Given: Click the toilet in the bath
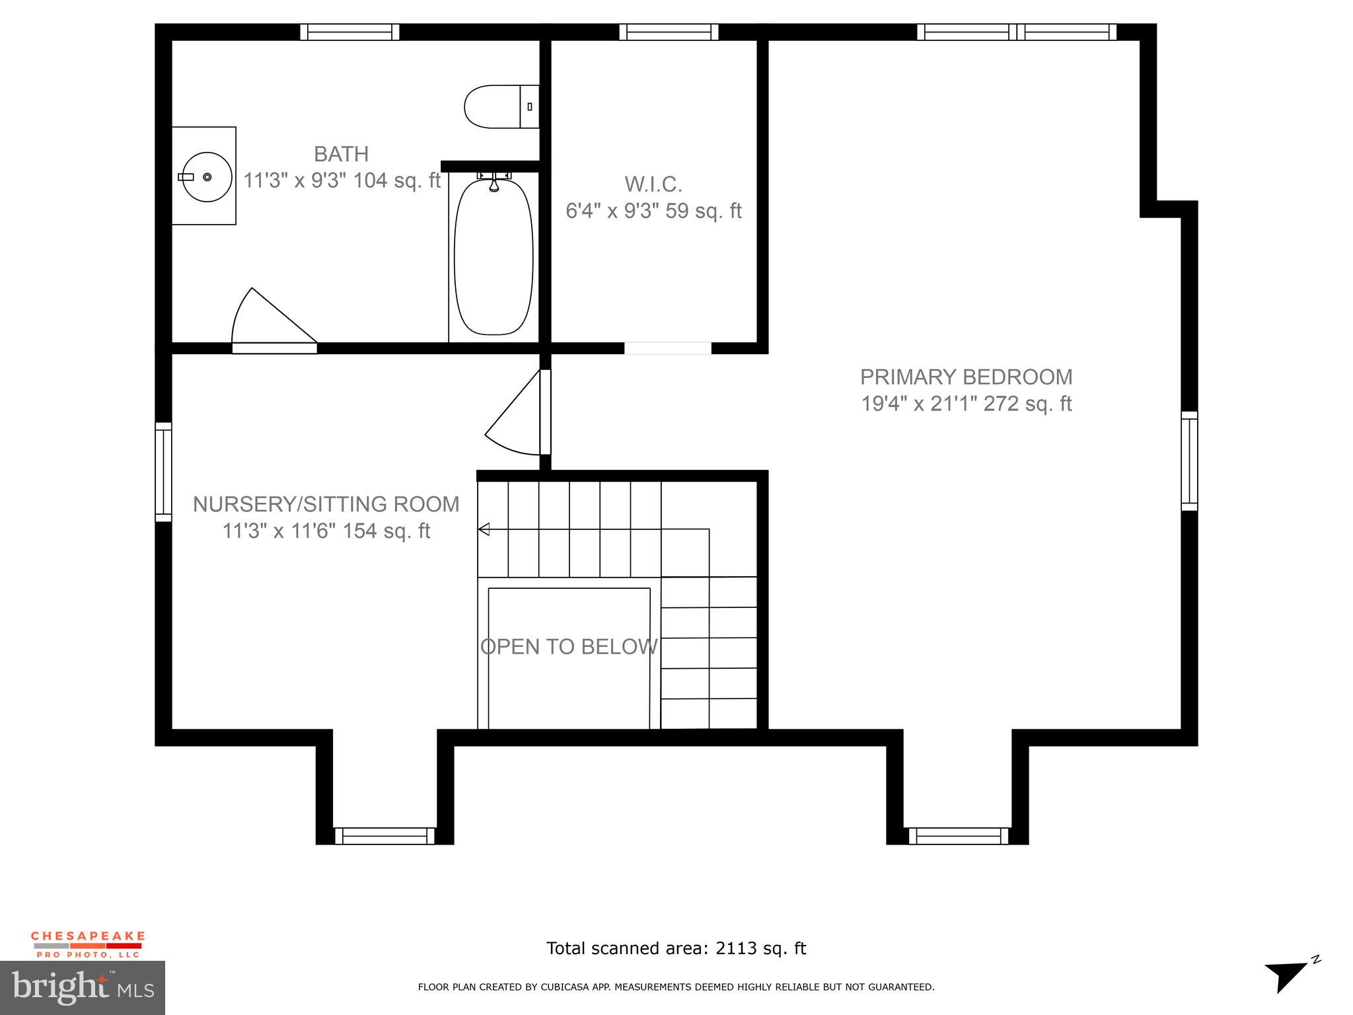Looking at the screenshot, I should pyautogui.click(x=500, y=106).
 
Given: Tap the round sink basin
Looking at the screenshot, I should pyautogui.click(x=207, y=176).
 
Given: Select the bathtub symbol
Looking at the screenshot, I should pyautogui.click(x=494, y=256).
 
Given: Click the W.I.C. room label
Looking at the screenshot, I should pyautogui.click(x=653, y=183).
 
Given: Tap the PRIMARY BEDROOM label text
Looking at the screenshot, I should pyautogui.click(x=965, y=377).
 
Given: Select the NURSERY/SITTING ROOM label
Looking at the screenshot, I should pyautogui.click(x=326, y=504).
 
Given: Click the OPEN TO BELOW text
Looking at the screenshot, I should pyautogui.click(x=569, y=646).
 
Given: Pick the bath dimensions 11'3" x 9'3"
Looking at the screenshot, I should pyautogui.click(x=341, y=180).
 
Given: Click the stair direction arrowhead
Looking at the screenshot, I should pyautogui.click(x=484, y=529).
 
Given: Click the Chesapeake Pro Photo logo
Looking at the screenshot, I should pyautogui.click(x=88, y=944).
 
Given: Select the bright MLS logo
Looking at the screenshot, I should pyautogui.click(x=83, y=987).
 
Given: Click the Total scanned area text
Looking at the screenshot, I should pyautogui.click(x=676, y=948).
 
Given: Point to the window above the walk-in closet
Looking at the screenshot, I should pyautogui.click(x=669, y=32).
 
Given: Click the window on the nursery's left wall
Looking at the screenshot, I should pyautogui.click(x=163, y=472).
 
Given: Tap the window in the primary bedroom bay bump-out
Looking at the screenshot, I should pyautogui.click(x=958, y=836).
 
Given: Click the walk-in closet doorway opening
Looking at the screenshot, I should pyautogui.click(x=667, y=348).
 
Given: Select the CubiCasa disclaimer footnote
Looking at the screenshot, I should pyautogui.click(x=676, y=987).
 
